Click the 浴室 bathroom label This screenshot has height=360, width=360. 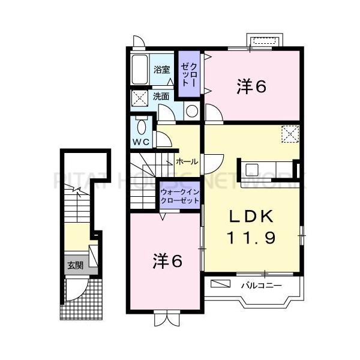pos(161,70)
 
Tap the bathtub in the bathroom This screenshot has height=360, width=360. pos(140,71)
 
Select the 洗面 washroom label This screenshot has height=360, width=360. pos(161,95)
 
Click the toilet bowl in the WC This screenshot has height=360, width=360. pos(141,127)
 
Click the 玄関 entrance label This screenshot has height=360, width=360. pos(74,265)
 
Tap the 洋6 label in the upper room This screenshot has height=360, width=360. pos(251,86)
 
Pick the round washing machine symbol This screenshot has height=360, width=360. pos(191,111)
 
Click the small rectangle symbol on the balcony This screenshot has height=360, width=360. pos(220,283)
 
